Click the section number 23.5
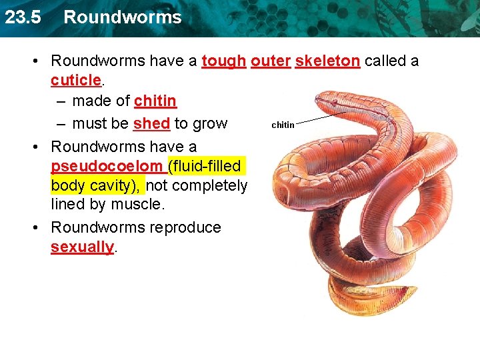pos(22,17)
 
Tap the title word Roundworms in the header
pos(122,17)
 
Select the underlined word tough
pos(223,61)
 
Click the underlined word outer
pos(271,61)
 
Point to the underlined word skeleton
pos(327,61)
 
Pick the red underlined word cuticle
pos(76,80)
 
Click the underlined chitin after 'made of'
pos(155,101)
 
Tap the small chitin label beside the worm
pos(283,125)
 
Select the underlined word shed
pos(151,124)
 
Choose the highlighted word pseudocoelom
pos(107,165)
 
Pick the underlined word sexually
pos(82,247)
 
